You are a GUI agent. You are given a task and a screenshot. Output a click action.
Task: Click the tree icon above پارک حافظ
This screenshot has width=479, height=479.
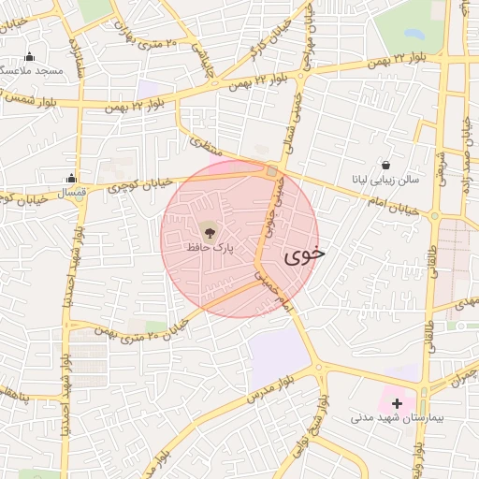[209, 230]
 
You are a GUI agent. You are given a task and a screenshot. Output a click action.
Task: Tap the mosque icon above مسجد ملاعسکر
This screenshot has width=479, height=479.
[30, 55]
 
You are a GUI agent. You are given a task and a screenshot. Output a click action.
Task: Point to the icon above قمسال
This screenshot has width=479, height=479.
[72, 178]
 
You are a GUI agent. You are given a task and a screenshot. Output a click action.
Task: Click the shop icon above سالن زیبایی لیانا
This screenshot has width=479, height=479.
[386, 164]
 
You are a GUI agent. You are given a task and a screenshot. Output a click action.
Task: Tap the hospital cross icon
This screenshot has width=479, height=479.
[398, 403]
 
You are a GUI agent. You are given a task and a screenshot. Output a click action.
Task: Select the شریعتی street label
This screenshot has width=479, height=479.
[442, 178]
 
